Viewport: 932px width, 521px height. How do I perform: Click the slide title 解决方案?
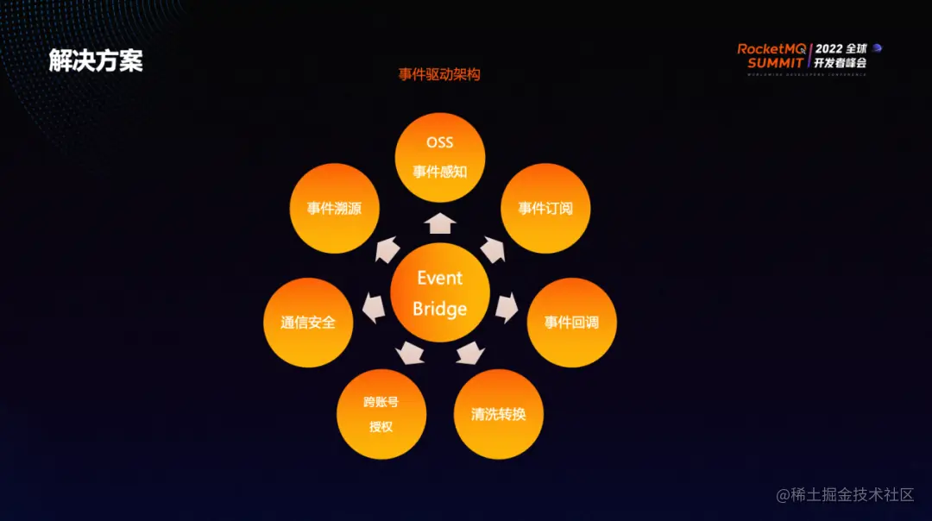pyautogui.click(x=95, y=60)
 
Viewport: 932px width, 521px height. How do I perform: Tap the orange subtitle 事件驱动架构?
pyautogui.click(x=439, y=74)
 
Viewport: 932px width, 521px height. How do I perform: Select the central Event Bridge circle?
pyautogui.click(x=440, y=292)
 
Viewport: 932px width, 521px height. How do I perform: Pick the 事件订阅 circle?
pyautogui.click(x=545, y=208)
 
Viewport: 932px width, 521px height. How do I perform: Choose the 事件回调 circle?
pyautogui.click(x=571, y=323)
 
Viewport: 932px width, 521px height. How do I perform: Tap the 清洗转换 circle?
pyautogui.click(x=499, y=413)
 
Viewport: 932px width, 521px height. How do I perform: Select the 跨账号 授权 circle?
pyautogui.click(x=381, y=414)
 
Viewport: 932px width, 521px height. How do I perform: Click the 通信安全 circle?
pyautogui.click(x=308, y=323)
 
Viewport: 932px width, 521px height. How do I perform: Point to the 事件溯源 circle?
pyautogui.click(x=334, y=208)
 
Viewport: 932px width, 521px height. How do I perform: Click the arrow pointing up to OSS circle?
pyautogui.click(x=440, y=223)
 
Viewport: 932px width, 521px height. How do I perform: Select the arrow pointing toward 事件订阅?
pyautogui.click(x=493, y=249)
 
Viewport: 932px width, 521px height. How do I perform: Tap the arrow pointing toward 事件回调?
pyautogui.click(x=507, y=307)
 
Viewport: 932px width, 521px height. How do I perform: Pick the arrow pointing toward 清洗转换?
pyautogui.click(x=470, y=353)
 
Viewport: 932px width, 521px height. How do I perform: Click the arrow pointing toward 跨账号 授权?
pyautogui.click(x=410, y=353)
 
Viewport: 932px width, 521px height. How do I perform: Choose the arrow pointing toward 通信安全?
pyautogui.click(x=374, y=308)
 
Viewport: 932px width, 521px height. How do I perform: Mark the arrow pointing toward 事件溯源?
pyautogui.click(x=387, y=249)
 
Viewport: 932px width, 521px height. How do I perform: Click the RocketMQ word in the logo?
pyautogui.click(x=771, y=49)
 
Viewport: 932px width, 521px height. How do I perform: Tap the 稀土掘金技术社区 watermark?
pyautogui.click(x=845, y=494)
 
